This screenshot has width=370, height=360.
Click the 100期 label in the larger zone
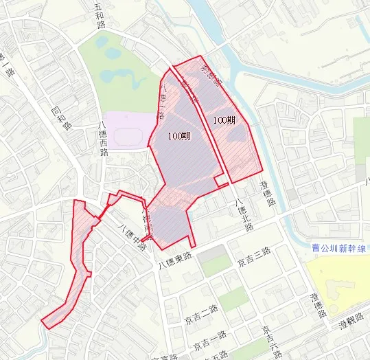coord(179,136)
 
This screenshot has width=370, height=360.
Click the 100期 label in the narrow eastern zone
coord(224,120)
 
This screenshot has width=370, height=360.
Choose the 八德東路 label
coord(176,260)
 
